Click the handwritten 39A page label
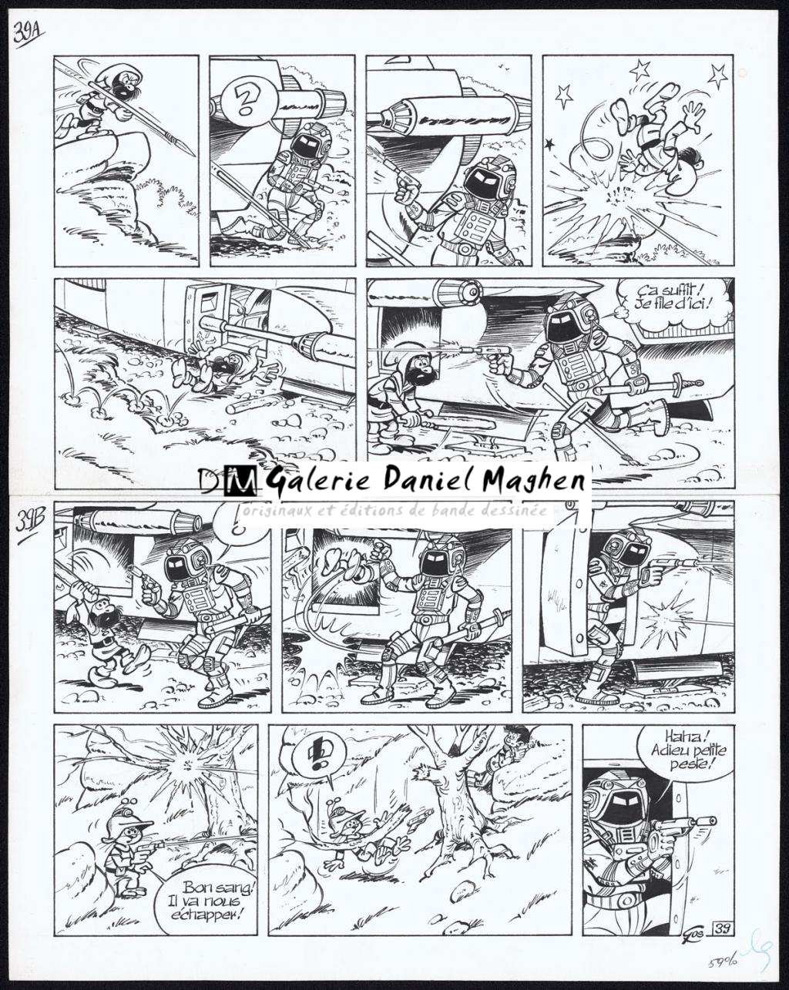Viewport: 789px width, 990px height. (x=29, y=35)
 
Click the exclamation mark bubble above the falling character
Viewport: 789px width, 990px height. (x=315, y=752)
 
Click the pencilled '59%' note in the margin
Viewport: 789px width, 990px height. (x=722, y=961)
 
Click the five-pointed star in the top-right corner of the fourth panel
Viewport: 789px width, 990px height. (x=717, y=75)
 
